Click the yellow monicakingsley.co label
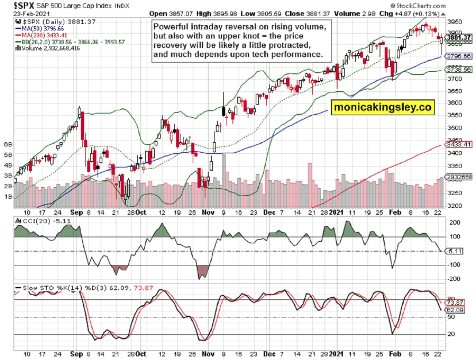382,107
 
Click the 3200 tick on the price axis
455,206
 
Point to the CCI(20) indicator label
31,220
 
